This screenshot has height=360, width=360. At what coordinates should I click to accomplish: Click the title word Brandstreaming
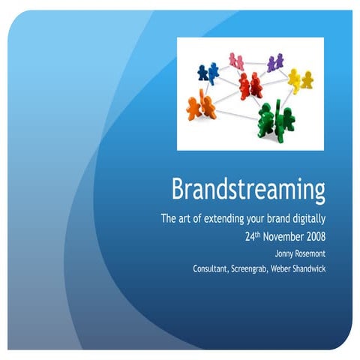(248, 189)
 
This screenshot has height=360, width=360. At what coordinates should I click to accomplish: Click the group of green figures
(275, 120)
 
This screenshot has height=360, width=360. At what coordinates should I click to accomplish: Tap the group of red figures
(250, 85)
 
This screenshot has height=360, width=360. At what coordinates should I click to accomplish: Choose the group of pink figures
(236, 60)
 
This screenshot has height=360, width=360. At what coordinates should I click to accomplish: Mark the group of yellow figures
(300, 79)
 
